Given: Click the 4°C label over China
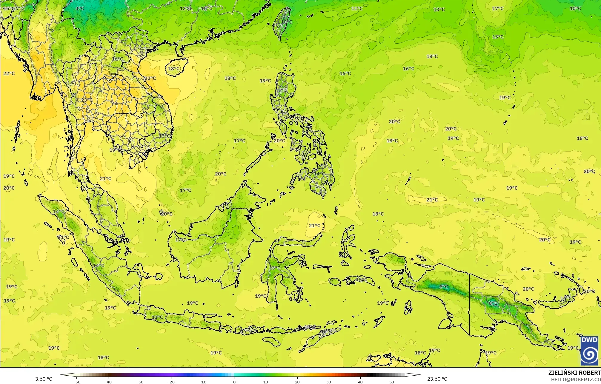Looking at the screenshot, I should (80, 8).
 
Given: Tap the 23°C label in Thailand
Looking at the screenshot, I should (87, 100).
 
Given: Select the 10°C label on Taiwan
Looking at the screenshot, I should (286, 22).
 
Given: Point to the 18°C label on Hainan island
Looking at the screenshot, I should (174, 69).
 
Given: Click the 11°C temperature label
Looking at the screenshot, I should (357, 8).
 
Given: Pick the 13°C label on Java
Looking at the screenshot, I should (157, 317).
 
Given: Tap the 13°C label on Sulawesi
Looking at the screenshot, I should (275, 268).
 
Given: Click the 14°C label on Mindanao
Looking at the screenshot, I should (319, 174).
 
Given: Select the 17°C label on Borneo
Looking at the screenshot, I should (181, 240).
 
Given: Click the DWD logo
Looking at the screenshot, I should (589, 351).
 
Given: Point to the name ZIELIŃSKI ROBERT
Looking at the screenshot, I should (574, 373).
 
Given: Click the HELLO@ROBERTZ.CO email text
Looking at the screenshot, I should (576, 379).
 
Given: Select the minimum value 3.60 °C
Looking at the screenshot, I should (44, 379).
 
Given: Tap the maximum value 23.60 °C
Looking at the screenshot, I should (437, 379).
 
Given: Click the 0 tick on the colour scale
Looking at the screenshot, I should (234, 382).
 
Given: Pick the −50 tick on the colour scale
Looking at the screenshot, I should (77, 382).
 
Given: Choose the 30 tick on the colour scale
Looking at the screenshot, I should (329, 382).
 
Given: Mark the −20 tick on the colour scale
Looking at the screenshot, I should (171, 382).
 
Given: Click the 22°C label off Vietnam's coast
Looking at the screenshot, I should (150, 78).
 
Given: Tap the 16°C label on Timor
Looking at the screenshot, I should (326, 331).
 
